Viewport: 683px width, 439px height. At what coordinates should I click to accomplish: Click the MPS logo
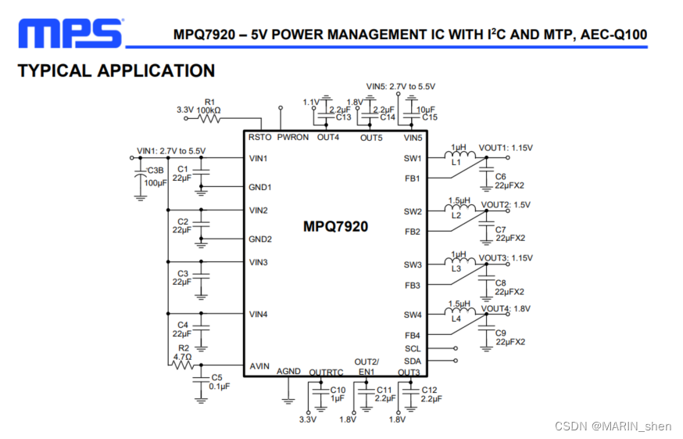[x=70, y=34]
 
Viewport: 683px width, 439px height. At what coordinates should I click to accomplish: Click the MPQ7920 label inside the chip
[x=335, y=227]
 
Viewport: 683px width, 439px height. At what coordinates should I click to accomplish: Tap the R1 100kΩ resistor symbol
[x=209, y=119]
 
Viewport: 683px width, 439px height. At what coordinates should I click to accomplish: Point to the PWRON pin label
[x=293, y=137]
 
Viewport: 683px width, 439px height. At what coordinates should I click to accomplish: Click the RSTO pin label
[x=259, y=137]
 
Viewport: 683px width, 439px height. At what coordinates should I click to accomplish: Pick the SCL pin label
[x=413, y=348]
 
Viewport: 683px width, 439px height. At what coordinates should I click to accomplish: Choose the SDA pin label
[x=413, y=361]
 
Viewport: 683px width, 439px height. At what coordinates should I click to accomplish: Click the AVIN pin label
[x=259, y=365]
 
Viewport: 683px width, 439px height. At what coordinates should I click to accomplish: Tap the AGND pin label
[x=288, y=372]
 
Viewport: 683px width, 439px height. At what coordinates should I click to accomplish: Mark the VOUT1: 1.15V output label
[x=505, y=148]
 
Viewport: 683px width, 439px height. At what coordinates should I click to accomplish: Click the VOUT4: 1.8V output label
[x=506, y=309]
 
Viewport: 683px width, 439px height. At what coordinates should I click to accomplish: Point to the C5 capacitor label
[x=216, y=378]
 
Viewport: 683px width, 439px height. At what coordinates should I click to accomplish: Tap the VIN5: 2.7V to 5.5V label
[x=400, y=86]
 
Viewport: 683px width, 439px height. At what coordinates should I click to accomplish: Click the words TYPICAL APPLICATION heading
[x=116, y=71]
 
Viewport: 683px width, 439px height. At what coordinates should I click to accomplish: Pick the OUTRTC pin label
[x=326, y=372]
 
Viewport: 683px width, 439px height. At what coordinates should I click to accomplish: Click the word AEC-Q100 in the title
[x=614, y=35]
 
